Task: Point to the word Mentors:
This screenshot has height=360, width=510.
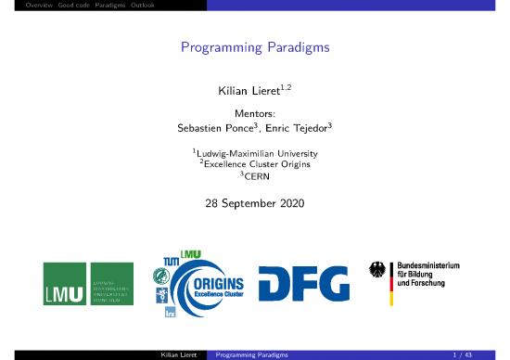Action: [x=255, y=114]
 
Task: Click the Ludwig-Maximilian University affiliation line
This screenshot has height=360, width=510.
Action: [x=255, y=153]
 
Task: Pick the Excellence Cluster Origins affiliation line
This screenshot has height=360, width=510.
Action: [x=255, y=165]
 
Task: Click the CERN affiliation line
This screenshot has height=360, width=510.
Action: [x=255, y=177]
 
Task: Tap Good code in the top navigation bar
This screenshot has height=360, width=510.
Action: [x=54, y=6]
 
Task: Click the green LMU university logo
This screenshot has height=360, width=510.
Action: [x=87, y=288]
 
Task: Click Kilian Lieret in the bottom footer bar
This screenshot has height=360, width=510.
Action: [x=183, y=354]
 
